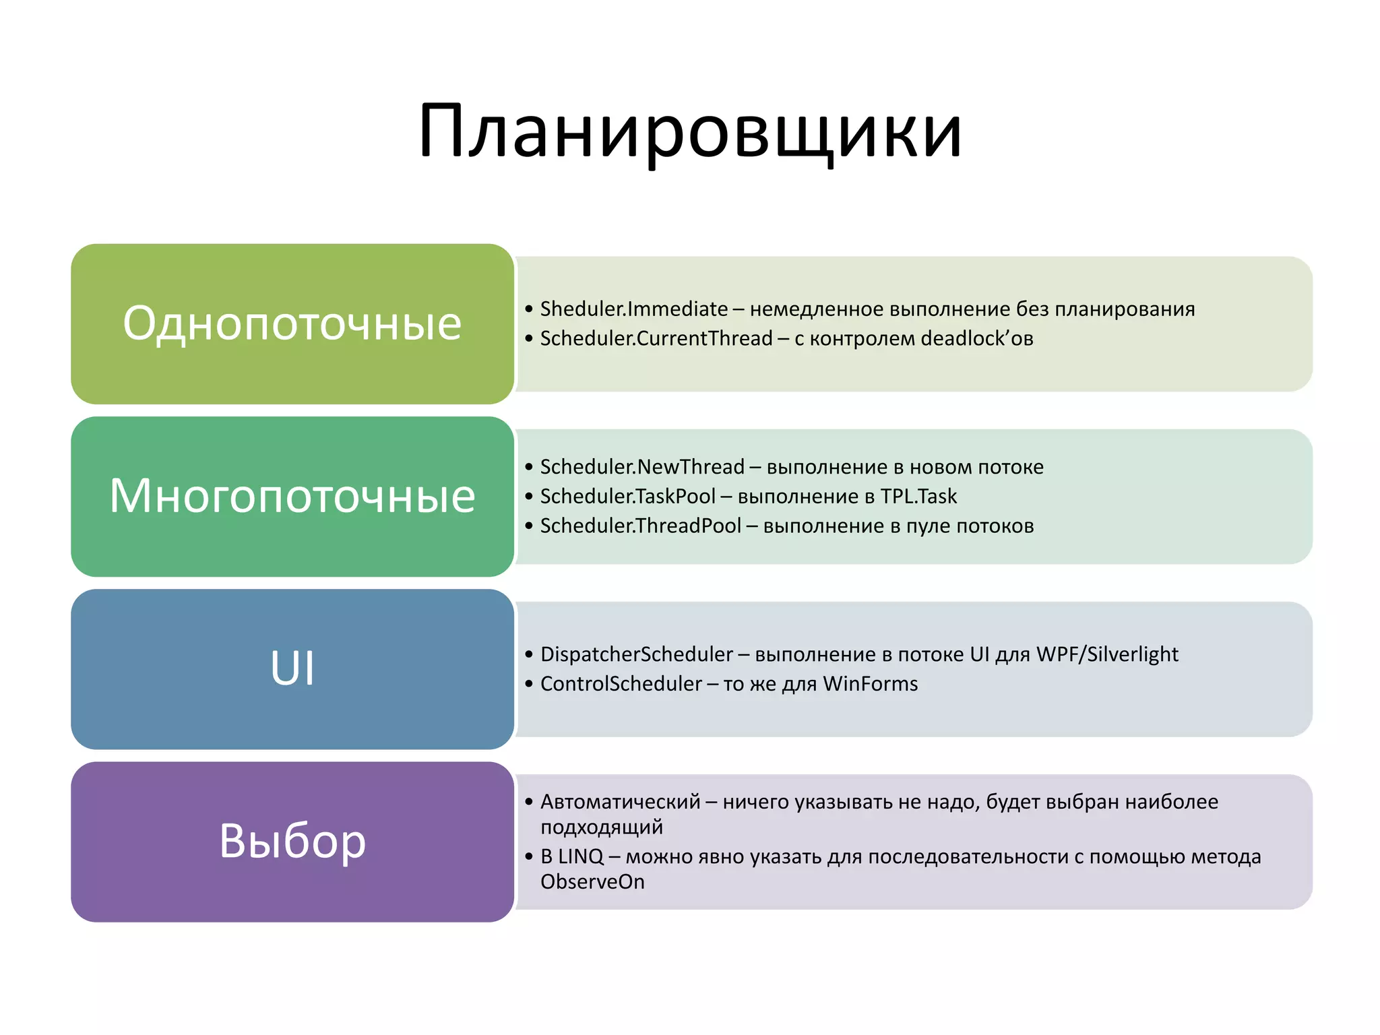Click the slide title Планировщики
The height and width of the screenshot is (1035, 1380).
coord(690,131)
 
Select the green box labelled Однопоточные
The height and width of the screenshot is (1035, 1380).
coord(292,323)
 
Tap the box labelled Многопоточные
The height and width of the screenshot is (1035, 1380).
coord(292,496)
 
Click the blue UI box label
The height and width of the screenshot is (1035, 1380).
coord(292,668)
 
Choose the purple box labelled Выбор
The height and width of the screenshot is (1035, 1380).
coord(292,841)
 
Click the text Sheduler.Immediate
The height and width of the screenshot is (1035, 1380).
coord(633,309)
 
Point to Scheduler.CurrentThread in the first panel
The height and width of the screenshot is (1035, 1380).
coord(656,338)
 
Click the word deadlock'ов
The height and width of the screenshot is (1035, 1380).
coord(976,338)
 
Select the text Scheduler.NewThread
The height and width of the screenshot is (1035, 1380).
coord(642,467)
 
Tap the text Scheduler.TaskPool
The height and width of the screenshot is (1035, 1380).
coord(627,497)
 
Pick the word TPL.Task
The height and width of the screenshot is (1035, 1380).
coord(918,497)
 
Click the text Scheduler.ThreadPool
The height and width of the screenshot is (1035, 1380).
coord(640,526)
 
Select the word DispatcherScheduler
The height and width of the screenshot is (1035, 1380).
coord(636,654)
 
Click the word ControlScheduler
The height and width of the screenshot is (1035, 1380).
coord(621,684)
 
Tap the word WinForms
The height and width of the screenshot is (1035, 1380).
coord(870,684)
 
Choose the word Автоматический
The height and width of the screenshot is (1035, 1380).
coord(620,802)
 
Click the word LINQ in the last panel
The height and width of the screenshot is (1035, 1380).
coord(581,856)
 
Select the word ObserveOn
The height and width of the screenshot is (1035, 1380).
coord(592,882)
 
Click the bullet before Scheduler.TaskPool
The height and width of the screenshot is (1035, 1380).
coord(529,497)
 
